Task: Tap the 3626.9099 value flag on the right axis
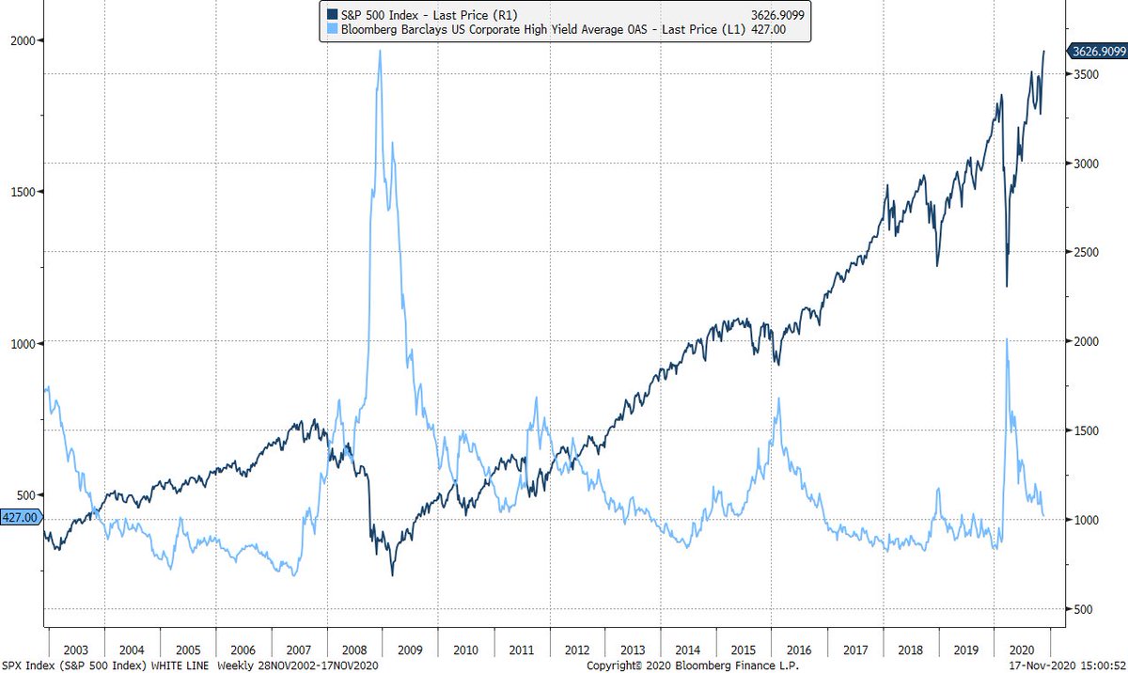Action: tap(1095, 53)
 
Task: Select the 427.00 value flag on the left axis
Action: tap(21, 517)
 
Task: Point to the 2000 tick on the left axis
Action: tap(23, 40)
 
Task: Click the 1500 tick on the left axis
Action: tap(23, 192)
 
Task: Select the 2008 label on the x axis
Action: tap(355, 649)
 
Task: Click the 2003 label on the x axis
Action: tap(76, 649)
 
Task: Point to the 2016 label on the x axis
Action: tap(800, 649)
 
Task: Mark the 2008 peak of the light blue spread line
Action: tap(379, 51)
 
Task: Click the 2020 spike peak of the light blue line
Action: tap(1007, 339)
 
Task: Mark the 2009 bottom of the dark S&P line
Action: tap(392, 574)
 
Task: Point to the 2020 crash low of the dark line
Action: tap(1007, 286)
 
